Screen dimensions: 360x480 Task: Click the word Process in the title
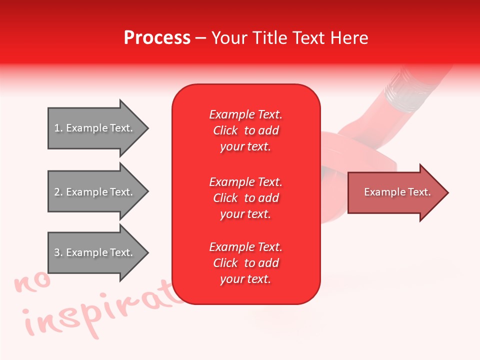tap(157, 38)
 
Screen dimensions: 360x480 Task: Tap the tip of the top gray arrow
tap(147, 128)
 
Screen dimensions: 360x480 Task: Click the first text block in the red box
tap(245, 130)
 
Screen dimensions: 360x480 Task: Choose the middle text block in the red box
tap(245, 197)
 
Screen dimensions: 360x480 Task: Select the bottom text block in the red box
tap(245, 263)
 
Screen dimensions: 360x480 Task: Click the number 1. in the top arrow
tap(58, 128)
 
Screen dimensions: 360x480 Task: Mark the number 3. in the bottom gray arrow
tap(58, 252)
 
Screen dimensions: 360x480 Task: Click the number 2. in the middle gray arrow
tap(58, 192)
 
